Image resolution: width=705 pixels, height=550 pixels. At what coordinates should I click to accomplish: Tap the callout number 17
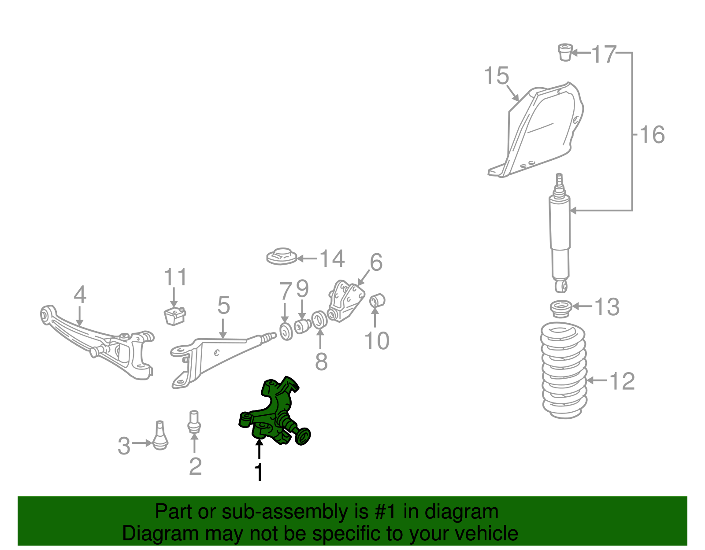(603, 55)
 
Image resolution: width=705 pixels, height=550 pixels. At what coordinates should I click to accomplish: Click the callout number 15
(497, 76)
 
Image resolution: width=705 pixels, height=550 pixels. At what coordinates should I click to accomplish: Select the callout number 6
(376, 263)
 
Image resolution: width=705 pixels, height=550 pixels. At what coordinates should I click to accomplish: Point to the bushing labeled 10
(377, 301)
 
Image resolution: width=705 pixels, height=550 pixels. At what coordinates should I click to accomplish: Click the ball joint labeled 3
(160, 437)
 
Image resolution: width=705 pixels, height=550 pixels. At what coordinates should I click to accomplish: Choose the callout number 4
(80, 295)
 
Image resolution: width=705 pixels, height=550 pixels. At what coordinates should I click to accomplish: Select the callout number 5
(223, 305)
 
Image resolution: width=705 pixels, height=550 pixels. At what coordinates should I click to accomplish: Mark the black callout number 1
(259, 472)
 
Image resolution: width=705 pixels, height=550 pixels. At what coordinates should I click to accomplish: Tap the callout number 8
(321, 362)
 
